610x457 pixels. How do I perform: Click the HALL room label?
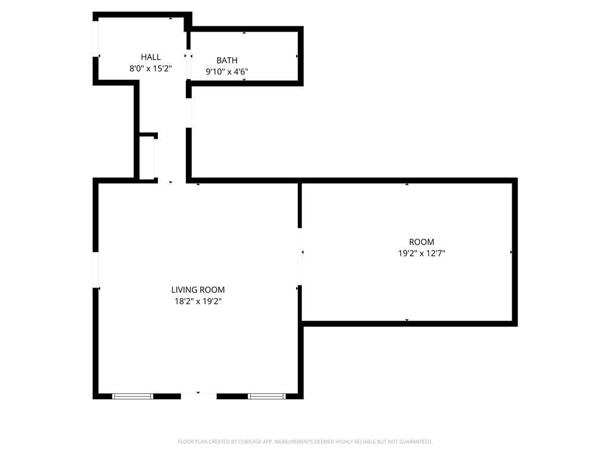coord(151,57)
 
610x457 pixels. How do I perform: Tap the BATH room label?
coord(227,61)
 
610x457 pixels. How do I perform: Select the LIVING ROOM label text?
coord(198,290)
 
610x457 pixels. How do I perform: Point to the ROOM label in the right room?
coord(421,242)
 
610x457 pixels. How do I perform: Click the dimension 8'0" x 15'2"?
coord(151,69)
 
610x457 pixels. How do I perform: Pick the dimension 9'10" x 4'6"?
coord(227,72)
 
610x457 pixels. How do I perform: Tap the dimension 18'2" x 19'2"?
coord(198,301)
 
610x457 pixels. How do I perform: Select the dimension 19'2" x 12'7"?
coord(421,253)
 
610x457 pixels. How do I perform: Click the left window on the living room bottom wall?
coord(133,396)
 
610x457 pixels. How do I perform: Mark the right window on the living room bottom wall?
coord(267,396)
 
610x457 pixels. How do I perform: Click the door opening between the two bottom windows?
coord(199,396)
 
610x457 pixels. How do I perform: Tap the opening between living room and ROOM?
coord(300,257)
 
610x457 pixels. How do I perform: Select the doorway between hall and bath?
coord(189,64)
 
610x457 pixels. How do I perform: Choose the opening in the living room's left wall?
coord(95,270)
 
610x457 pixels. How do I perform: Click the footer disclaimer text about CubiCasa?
coord(305,442)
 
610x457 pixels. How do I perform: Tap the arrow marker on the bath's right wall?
coord(297,57)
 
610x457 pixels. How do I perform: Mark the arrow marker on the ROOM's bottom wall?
coord(407,320)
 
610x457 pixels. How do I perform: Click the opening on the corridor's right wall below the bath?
coord(189,112)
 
